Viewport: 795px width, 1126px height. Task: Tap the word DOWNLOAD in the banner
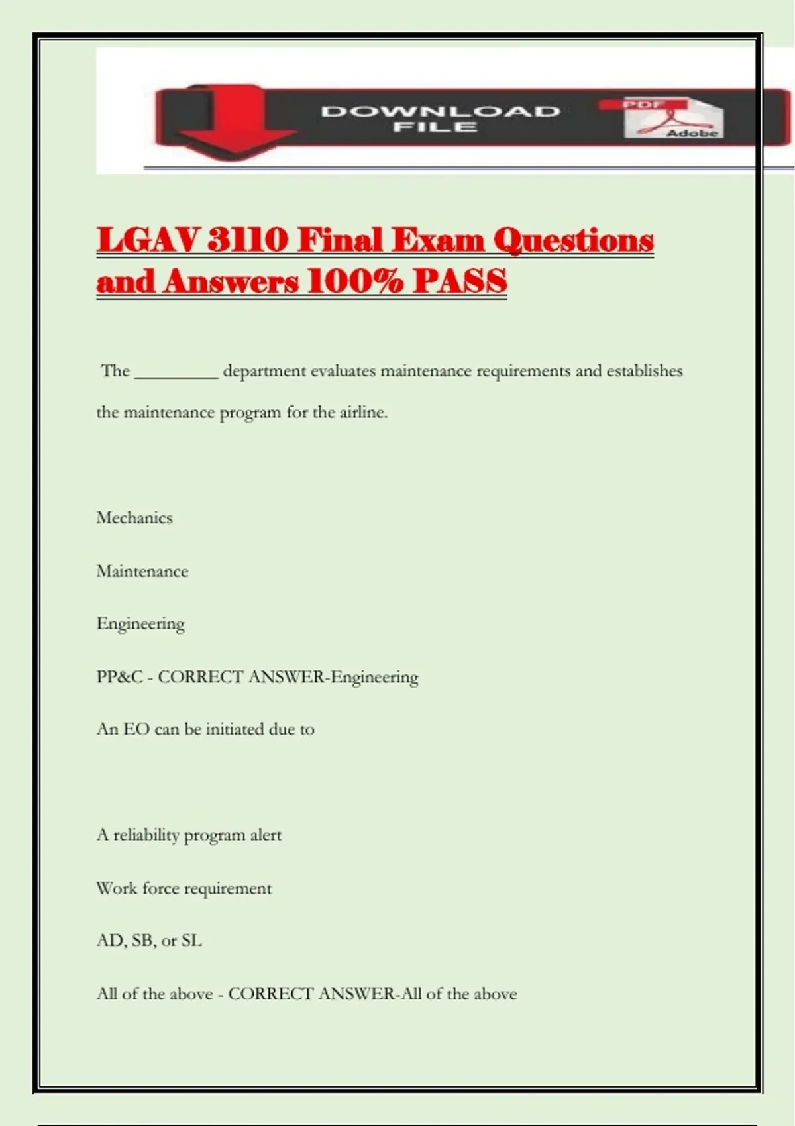[441, 111]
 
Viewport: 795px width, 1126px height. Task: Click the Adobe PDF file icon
[672, 119]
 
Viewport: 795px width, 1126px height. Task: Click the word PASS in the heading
[460, 281]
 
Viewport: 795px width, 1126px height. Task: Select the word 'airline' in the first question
[362, 412]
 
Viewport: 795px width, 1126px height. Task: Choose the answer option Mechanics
[134, 518]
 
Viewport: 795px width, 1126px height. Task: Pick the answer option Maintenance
[142, 571]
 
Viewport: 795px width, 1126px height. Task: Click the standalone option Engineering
[140, 624]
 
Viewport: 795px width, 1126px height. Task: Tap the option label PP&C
[119, 677]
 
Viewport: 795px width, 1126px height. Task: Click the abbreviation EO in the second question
[136, 729]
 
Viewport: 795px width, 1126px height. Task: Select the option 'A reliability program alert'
[189, 835]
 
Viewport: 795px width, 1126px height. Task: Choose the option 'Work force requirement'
[184, 888]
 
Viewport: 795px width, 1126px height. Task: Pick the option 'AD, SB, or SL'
[149, 941]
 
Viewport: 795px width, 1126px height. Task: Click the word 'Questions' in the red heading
[573, 240]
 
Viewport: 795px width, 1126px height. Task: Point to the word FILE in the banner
[435, 127]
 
